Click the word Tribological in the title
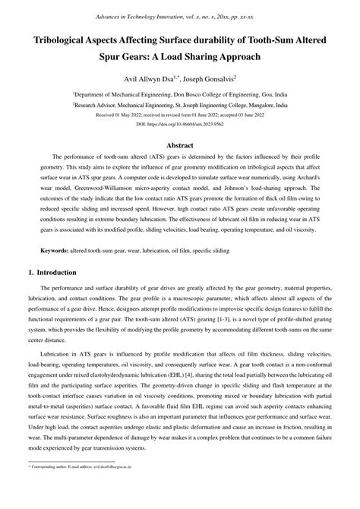(69, 40)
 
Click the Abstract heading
(179, 144)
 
